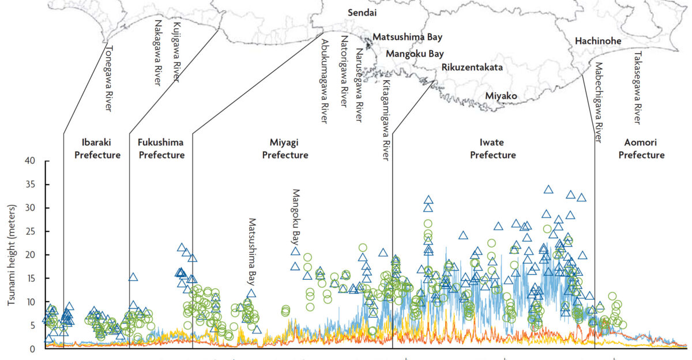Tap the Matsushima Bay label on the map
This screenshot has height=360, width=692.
[407, 37]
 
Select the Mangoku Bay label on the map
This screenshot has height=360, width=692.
[415, 54]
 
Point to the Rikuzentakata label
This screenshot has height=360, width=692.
[472, 67]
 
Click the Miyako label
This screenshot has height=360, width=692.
[501, 96]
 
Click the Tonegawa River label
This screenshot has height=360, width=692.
[108, 78]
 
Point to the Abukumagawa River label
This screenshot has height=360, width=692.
[324, 81]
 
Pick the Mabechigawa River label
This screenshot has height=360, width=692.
[598, 102]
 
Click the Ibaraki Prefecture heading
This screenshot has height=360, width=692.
[101, 148]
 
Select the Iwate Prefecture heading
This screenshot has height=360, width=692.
[492, 148]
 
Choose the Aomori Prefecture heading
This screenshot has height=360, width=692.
[645, 148]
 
